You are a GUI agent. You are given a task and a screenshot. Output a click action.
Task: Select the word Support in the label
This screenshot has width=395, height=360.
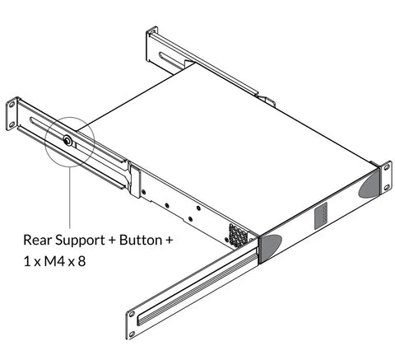pos(80,241)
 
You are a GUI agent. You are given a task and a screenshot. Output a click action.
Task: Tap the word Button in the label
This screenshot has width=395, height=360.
pos(141,240)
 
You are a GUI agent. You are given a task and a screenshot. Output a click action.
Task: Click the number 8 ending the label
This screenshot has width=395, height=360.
pos(81,261)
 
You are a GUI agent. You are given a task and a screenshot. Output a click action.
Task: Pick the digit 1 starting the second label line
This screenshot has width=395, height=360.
pos(27,261)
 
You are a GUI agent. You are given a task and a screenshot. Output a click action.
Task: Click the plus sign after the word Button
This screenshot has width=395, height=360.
pos(169,241)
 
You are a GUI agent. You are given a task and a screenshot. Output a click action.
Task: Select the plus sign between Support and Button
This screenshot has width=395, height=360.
pos(112,241)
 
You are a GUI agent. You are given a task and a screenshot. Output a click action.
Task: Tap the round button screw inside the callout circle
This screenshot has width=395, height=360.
pos(67,141)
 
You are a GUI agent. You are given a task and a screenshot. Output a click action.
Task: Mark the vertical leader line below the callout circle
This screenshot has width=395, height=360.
pos(70,197)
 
